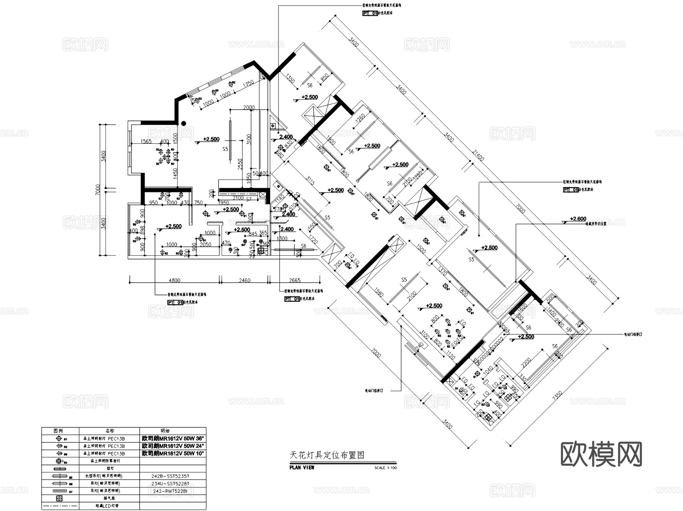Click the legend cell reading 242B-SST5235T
[x=173, y=476]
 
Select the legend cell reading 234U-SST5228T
[x=173, y=484]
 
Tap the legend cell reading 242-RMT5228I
[x=173, y=491]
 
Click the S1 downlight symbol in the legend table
[x=59, y=439]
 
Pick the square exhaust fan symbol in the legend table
[x=59, y=498]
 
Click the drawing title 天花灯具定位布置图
[x=327, y=455]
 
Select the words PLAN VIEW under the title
[x=302, y=468]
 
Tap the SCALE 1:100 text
[x=385, y=468]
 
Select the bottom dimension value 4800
[x=174, y=280]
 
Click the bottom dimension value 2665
[x=294, y=280]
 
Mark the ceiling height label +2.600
[x=578, y=219]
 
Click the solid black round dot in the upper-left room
[x=183, y=123]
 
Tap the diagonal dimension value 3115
[x=310, y=182]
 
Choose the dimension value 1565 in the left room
[x=146, y=142]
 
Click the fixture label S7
[x=249, y=199]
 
